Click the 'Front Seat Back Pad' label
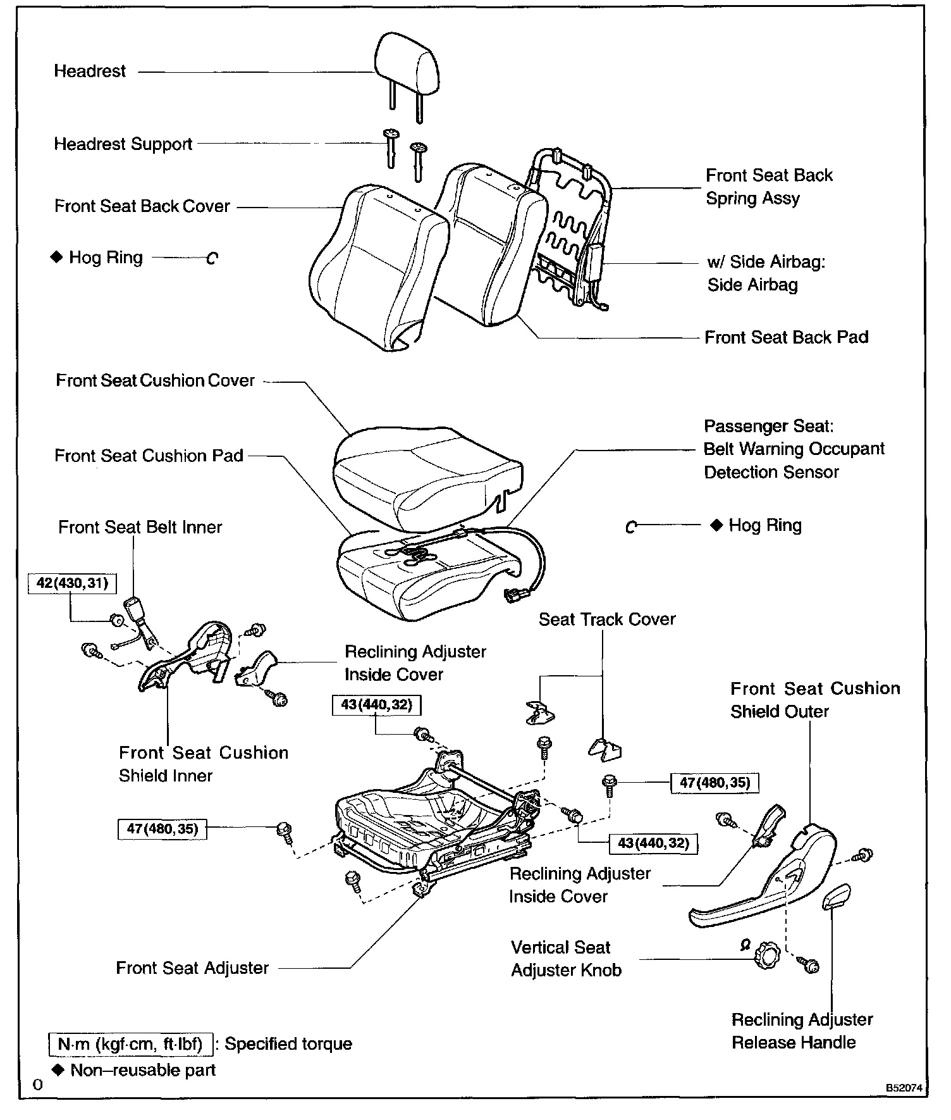point(786,337)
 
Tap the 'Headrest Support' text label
point(123,144)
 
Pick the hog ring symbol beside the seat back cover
point(212,258)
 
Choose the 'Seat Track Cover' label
point(607,619)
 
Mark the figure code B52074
point(904,1088)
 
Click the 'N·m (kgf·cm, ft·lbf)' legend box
point(130,1043)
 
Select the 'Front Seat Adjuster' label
point(192,968)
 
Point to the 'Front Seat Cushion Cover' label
point(155,380)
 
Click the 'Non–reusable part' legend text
point(143,1070)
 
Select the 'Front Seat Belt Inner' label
point(140,527)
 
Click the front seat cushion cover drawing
point(427,471)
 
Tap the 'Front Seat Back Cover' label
point(142,206)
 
